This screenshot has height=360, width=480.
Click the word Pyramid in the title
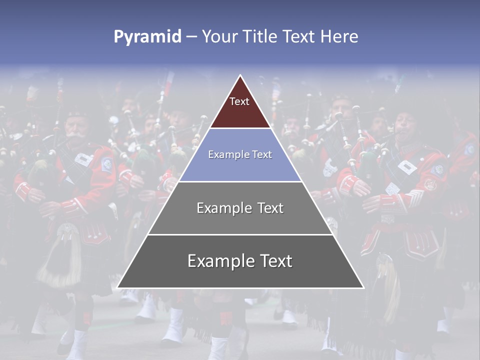point(147,36)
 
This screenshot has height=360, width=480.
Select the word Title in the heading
point(262,36)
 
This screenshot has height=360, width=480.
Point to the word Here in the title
point(339,36)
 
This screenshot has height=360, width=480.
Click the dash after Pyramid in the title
point(191,37)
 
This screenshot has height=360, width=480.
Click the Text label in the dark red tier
point(239,101)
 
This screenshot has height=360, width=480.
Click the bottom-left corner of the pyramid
point(117,287)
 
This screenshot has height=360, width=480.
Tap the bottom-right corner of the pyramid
point(363,287)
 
